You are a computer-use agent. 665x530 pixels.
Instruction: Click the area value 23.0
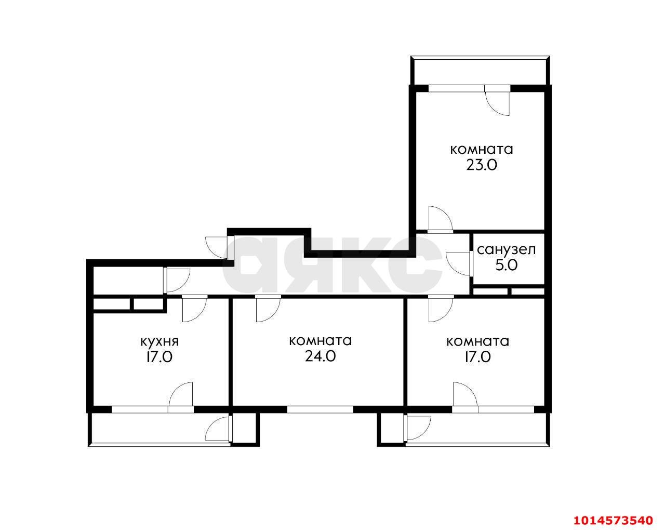(482, 165)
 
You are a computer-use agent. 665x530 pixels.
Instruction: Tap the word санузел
(506, 250)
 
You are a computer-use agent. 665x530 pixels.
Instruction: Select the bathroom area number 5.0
(507, 266)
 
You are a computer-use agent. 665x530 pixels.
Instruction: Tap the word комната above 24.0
(321, 341)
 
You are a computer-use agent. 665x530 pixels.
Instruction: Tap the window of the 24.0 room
(320, 409)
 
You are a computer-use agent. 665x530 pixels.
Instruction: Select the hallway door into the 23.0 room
(441, 220)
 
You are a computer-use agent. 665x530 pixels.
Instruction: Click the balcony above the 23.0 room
(480, 71)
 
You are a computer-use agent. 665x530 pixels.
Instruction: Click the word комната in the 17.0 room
(478, 342)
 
